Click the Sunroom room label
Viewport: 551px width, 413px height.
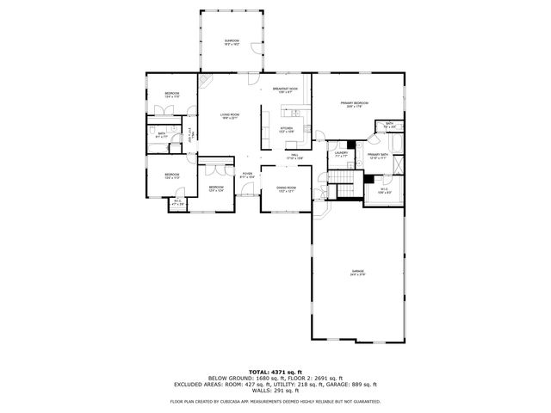pos(232,41)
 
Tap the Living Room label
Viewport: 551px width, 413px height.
pos(229,115)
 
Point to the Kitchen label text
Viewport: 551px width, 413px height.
pos(287,130)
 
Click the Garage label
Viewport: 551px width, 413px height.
pos(357,274)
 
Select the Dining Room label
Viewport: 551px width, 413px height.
pos(287,188)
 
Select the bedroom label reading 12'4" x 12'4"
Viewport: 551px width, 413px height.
pos(215,188)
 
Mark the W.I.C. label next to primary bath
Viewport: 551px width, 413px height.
pos(384,192)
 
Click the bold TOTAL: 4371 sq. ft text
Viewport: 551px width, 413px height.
pos(275,370)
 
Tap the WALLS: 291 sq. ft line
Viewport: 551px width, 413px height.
pos(275,391)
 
